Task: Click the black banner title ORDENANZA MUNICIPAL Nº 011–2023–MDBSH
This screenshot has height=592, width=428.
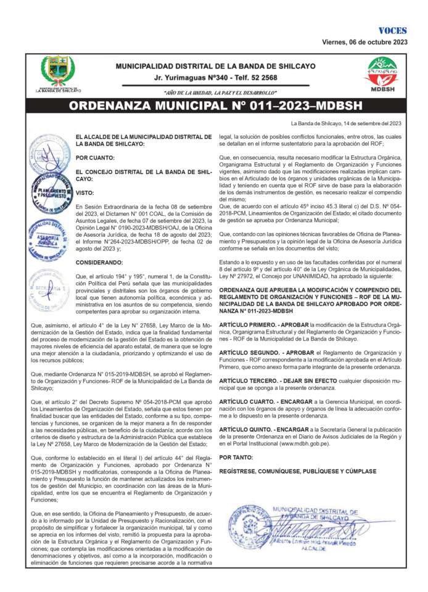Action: (x=215, y=105)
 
